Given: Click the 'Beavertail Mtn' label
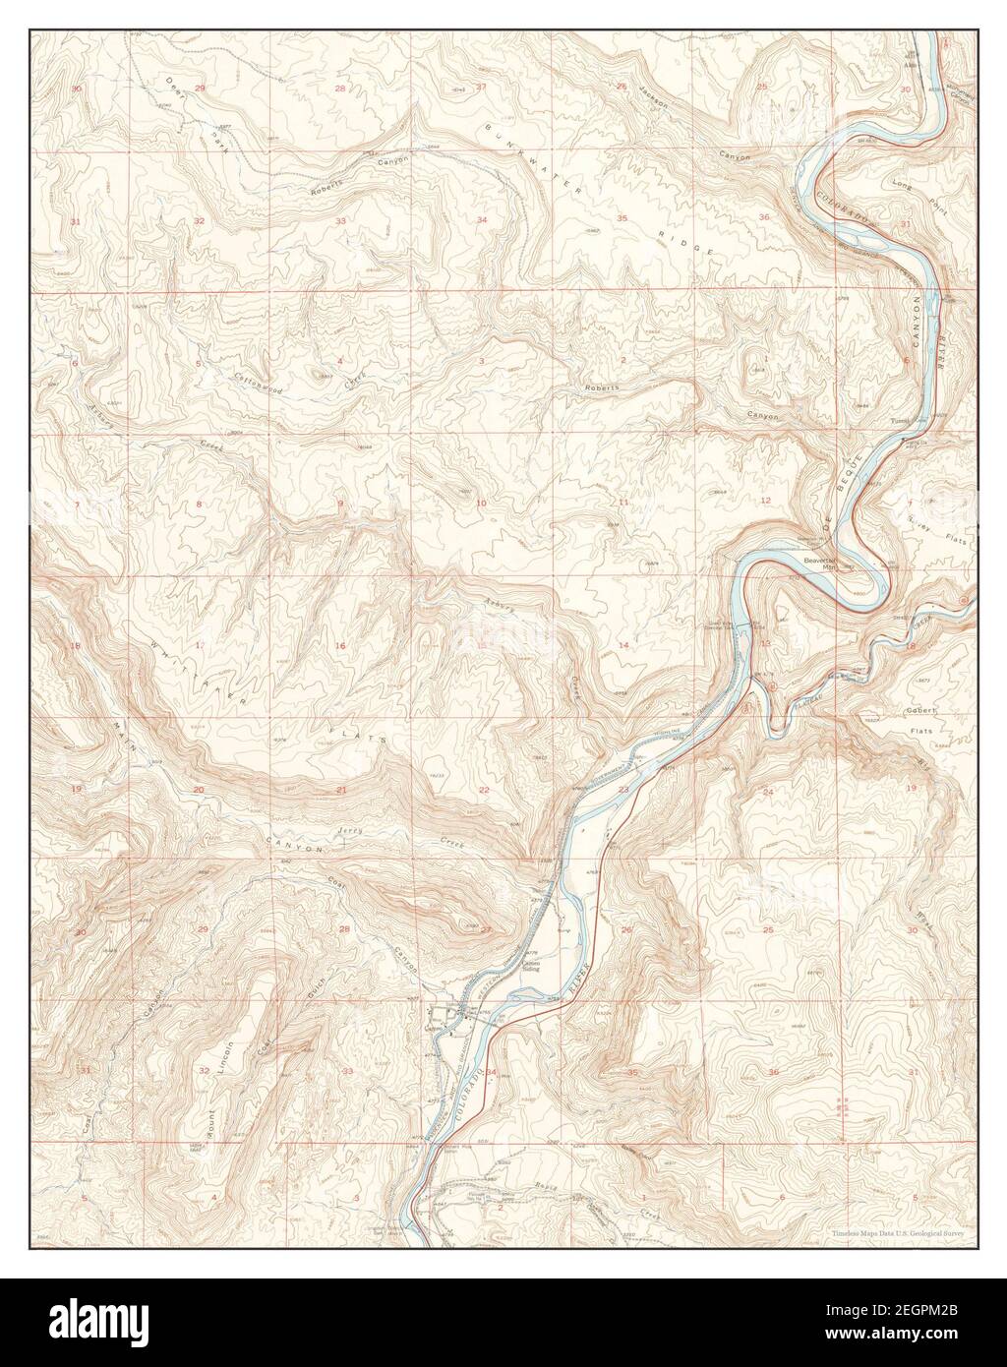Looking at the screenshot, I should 818,563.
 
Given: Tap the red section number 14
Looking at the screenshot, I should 622,644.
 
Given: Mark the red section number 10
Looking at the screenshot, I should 481,504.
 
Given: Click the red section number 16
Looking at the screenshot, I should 341,646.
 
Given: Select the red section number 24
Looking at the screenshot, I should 768,792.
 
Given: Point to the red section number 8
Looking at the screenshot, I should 199,505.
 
